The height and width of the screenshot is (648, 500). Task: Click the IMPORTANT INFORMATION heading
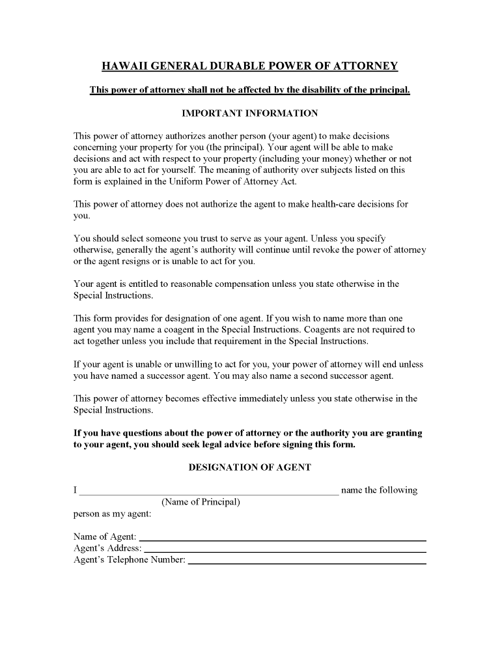(x=249, y=113)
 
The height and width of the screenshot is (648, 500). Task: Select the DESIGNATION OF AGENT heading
(x=249, y=467)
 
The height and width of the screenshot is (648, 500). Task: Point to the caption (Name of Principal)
(x=201, y=502)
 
